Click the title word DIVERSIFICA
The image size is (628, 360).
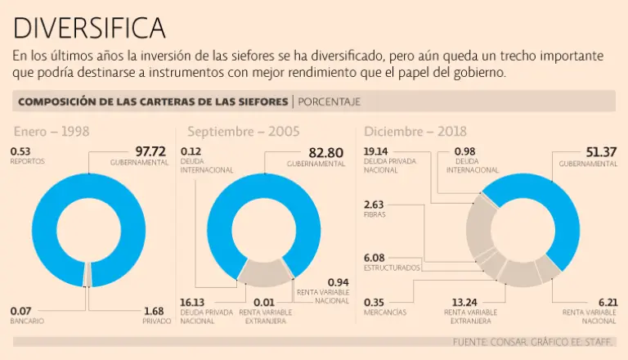[89, 29]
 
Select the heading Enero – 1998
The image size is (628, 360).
[51, 132]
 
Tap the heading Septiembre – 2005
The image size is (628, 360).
[243, 132]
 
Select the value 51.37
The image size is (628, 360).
[599, 151]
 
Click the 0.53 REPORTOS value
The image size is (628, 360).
[20, 151]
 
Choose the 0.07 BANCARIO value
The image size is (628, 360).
[20, 311]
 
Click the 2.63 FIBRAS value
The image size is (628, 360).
[374, 205]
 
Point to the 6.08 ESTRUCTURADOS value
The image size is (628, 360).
[375, 258]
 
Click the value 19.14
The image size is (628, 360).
[377, 151]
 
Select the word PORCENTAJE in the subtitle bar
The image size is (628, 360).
[329, 101]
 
